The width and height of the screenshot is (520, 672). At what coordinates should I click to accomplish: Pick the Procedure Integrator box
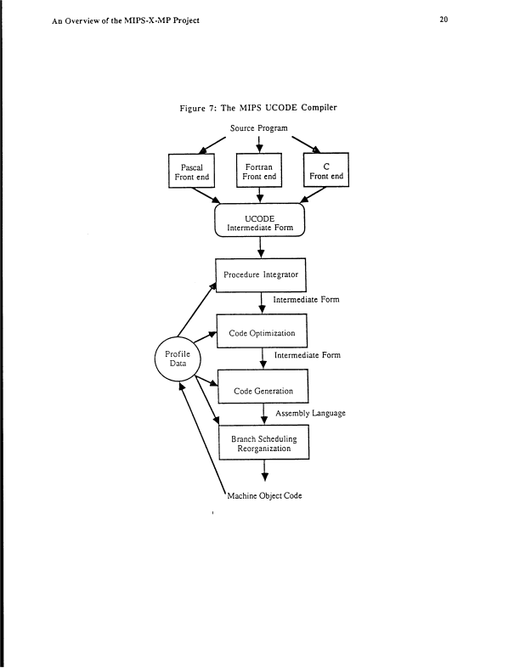(x=259, y=275)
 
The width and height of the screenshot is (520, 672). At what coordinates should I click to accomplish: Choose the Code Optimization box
(x=261, y=333)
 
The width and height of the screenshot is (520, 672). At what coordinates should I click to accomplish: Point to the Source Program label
(x=259, y=127)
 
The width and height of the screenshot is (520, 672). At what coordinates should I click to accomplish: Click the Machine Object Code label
(x=264, y=496)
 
